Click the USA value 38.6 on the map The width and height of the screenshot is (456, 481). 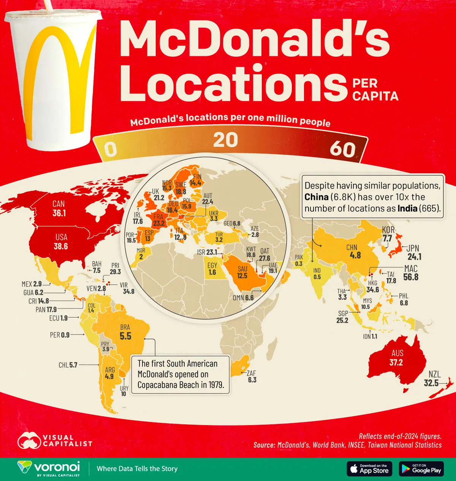(x=60, y=246)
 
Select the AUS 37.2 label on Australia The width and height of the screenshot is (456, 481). (x=396, y=358)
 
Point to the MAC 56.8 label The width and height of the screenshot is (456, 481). (x=410, y=273)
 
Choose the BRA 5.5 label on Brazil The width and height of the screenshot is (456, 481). (x=125, y=332)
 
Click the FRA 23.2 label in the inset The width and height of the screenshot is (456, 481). (x=158, y=220)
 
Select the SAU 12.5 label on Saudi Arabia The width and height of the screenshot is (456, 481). (x=242, y=272)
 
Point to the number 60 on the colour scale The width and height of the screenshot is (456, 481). (x=342, y=149)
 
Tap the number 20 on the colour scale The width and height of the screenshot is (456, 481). (x=225, y=140)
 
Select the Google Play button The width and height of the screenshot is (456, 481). (x=421, y=468)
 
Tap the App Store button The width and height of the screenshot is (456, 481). (x=369, y=468)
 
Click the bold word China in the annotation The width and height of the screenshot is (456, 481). (x=316, y=197)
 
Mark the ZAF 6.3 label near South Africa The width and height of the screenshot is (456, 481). (x=252, y=376)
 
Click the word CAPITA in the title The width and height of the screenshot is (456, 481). (x=375, y=96)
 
